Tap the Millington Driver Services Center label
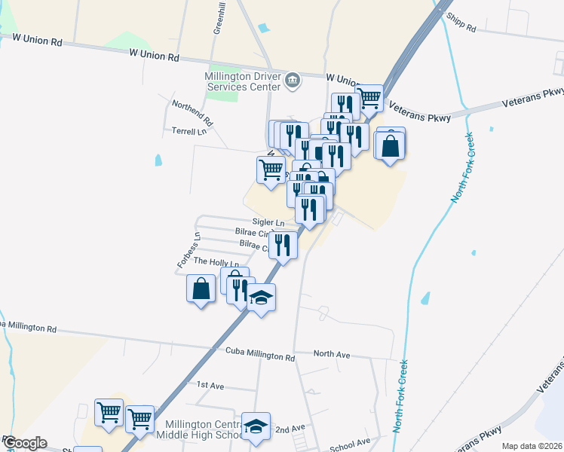242,81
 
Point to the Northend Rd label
193,113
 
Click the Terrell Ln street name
189,131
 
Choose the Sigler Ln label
268,222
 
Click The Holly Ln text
216,261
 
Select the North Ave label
332,353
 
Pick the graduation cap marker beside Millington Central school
256,426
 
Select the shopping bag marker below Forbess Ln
201,289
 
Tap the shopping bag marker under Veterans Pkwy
390,145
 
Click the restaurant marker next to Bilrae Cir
283,245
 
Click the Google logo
24,443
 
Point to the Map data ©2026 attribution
532,446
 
